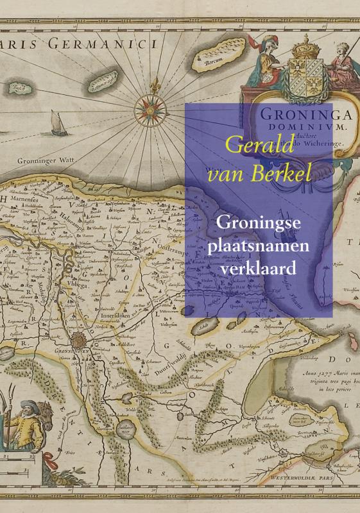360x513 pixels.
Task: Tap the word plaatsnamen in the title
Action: coord(258,245)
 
